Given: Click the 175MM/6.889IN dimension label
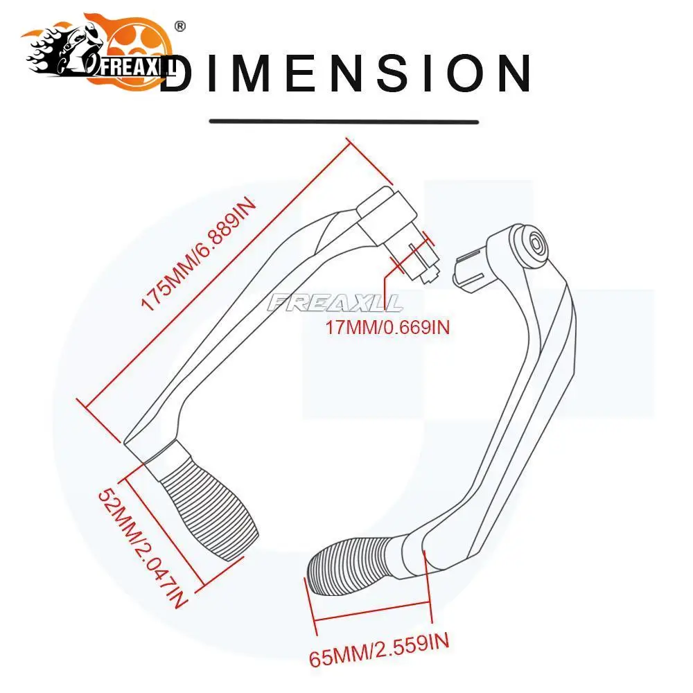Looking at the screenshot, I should (200, 254).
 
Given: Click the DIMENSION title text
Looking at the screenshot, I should (346, 73).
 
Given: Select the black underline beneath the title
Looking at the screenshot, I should (344, 121).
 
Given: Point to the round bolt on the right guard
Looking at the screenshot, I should (537, 246).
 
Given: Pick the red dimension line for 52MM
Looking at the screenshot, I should (161, 529).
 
